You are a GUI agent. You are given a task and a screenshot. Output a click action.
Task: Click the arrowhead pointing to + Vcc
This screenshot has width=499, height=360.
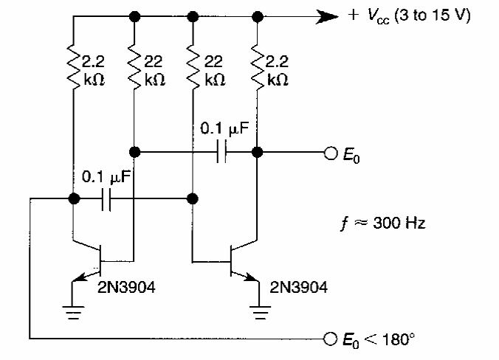(326, 15)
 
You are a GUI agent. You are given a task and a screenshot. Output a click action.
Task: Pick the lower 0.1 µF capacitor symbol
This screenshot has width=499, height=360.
(106, 199)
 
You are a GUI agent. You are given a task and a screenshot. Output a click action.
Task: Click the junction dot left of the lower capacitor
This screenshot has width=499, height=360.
(74, 199)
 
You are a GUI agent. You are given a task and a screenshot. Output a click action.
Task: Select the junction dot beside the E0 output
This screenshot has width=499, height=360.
(257, 153)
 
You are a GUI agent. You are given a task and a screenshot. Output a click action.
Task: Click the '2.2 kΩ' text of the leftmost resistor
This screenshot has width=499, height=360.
(94, 68)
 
